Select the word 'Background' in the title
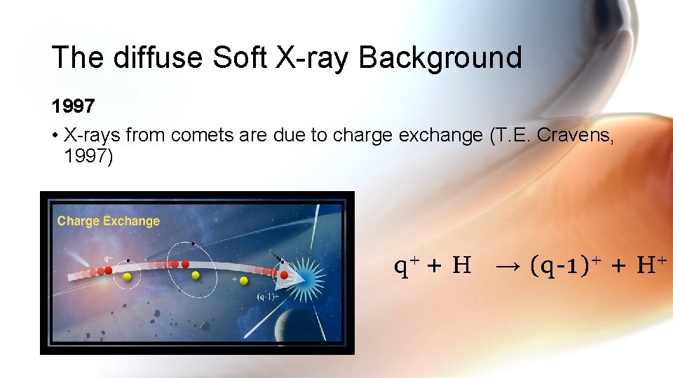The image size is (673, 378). [x=440, y=57]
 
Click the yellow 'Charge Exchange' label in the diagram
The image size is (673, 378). [x=109, y=221]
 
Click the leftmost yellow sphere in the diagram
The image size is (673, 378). [x=127, y=278]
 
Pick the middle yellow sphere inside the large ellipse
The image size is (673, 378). [x=196, y=275]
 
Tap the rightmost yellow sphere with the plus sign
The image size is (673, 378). [x=243, y=281]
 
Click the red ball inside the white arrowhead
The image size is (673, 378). [x=284, y=275]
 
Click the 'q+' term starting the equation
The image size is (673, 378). [x=407, y=265]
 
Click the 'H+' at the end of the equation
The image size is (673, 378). [x=649, y=265]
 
